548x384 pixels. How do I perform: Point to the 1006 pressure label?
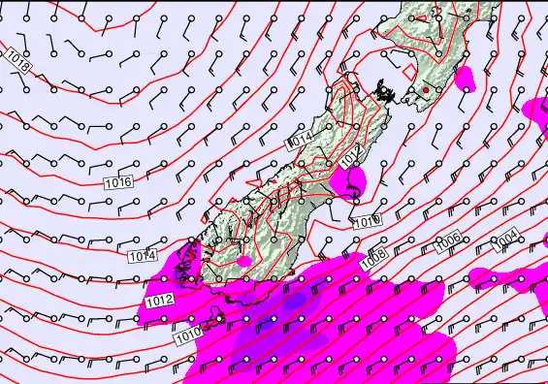pos(447,242)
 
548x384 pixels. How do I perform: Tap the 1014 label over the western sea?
pos(142,256)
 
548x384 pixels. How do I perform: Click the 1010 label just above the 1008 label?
pos(366,222)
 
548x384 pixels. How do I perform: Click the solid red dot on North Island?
pos(425,91)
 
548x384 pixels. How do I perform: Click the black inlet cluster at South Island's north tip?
pos(387,92)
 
